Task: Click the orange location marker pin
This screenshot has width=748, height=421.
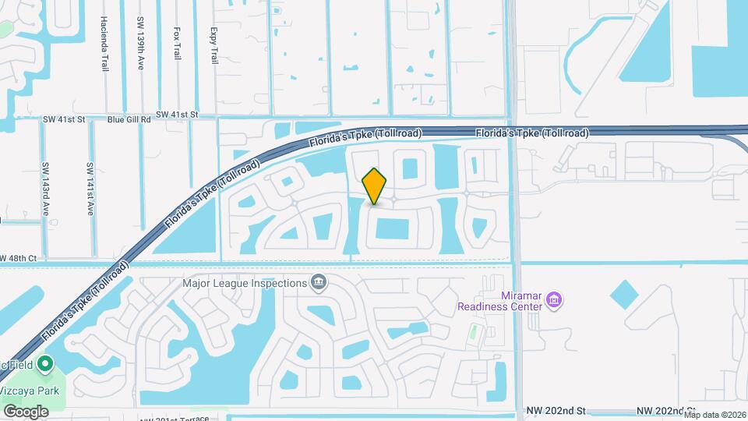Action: point(375,186)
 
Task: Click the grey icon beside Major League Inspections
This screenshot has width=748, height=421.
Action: point(318,281)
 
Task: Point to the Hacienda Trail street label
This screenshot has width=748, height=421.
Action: point(104,45)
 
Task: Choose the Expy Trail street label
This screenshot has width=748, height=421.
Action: point(213,46)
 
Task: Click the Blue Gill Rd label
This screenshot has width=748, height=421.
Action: point(129,119)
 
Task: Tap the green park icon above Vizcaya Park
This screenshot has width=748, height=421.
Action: point(45,364)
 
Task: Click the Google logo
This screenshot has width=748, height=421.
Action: point(26,411)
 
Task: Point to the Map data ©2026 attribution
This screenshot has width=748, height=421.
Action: point(714,415)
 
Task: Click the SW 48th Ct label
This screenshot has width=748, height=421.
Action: point(19,258)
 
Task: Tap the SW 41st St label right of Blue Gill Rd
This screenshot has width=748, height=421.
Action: point(178,115)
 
